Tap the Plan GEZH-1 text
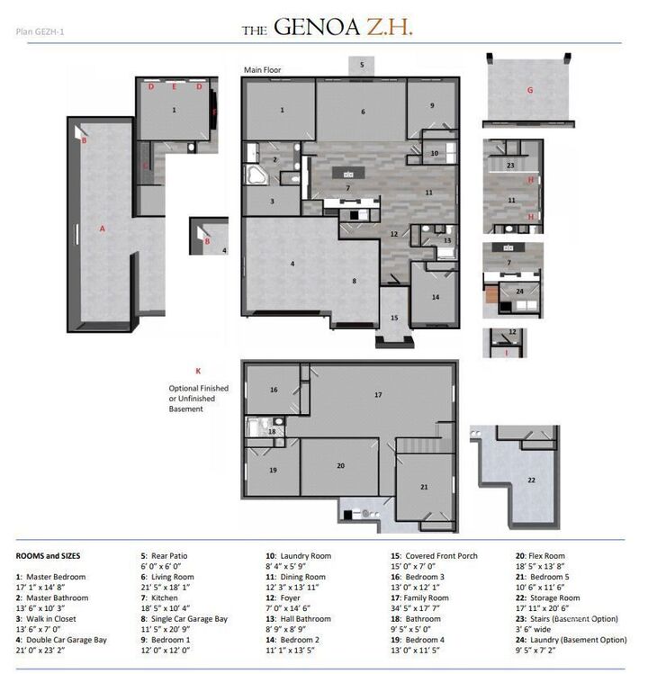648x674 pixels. point(40,32)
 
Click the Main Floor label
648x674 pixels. point(263,69)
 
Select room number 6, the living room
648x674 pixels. point(364,112)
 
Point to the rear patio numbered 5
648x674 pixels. point(362,65)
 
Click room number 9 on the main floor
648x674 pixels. point(432,105)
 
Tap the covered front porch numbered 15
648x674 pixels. point(393,318)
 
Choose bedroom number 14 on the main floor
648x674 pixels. point(435,296)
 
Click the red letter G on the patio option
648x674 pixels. point(530,90)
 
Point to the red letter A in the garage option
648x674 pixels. point(103,229)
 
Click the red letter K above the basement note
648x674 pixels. point(197,370)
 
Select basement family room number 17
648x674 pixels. point(379,394)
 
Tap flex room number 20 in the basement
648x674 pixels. point(340,466)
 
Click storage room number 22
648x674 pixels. point(531,480)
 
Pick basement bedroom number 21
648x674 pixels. point(423,487)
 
